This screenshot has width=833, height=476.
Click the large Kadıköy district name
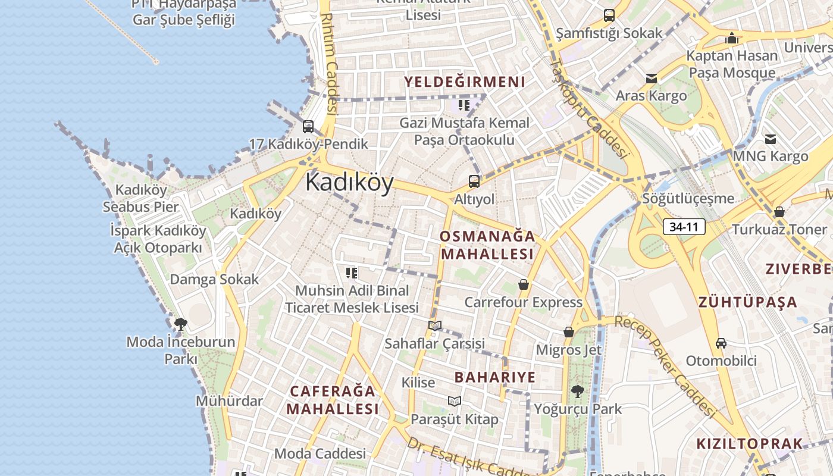(349, 182)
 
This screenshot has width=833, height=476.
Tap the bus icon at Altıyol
(474, 181)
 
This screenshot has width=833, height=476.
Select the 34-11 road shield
(684, 227)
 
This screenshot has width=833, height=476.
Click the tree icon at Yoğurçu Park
(577, 392)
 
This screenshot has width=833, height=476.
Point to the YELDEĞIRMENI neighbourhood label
(465, 82)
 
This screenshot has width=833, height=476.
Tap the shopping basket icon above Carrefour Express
(524, 285)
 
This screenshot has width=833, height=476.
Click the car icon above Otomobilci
(721, 343)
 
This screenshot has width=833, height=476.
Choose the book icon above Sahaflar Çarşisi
(435, 326)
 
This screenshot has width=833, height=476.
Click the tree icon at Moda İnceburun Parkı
(181, 324)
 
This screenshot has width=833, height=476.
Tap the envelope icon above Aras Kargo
(652, 79)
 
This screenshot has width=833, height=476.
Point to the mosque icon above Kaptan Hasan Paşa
(732, 39)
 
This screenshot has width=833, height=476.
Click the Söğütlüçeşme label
(688, 198)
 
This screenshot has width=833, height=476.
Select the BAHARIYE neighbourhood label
(495, 377)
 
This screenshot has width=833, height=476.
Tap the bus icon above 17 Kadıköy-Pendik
(308, 126)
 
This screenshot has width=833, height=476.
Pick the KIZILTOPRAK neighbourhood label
(749, 444)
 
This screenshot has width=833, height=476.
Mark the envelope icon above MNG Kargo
(771, 139)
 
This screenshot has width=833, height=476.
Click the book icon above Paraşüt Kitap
(455, 402)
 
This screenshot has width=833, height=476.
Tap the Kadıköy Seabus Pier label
(140, 198)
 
